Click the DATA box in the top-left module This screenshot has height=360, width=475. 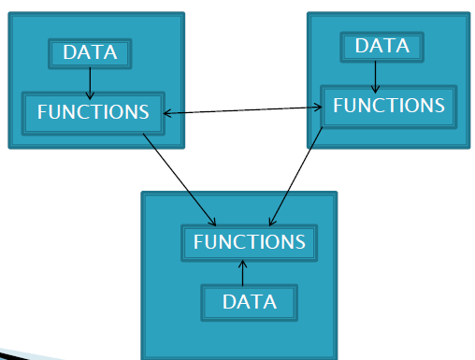(90, 53)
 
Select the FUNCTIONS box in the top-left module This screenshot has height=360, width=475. (93, 112)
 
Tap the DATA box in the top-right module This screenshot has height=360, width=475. (382, 47)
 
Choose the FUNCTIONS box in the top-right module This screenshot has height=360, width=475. (388, 106)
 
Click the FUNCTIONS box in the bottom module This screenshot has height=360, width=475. (249, 242)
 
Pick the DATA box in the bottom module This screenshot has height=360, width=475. (250, 302)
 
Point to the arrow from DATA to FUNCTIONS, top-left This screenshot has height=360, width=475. (90, 82)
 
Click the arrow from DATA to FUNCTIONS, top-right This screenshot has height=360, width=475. (375, 75)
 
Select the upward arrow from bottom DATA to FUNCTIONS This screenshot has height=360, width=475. (242, 273)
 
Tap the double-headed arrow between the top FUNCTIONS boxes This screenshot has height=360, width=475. (243, 110)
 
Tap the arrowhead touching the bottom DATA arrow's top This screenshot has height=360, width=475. (242, 264)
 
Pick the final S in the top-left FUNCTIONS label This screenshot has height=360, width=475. (143, 112)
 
